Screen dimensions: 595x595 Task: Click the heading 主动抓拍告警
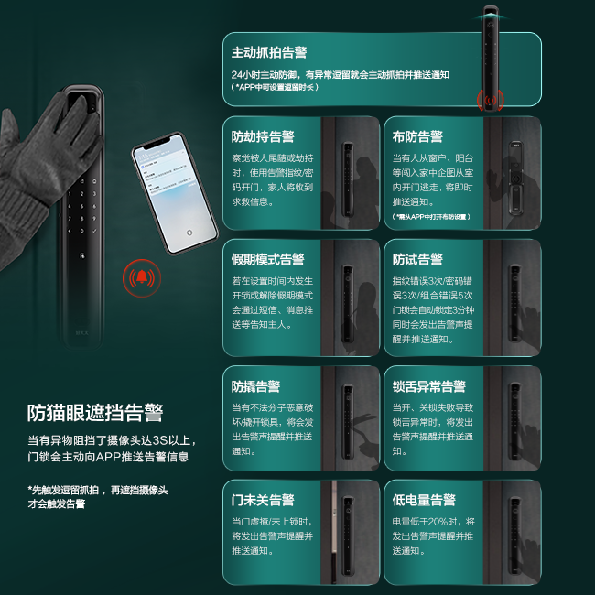pos(269,52)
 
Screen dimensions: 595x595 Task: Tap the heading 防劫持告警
pos(263,136)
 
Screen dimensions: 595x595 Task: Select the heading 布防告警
pos(417,136)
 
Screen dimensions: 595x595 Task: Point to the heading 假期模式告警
pos(268,259)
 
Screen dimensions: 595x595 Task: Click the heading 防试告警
pos(417,259)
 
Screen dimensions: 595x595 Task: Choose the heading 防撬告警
pos(256,386)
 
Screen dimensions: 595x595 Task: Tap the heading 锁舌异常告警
pos(429,386)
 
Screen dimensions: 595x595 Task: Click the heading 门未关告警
pos(263,500)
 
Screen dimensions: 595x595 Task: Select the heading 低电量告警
pos(424,500)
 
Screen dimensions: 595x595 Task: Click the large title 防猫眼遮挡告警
pos(96,413)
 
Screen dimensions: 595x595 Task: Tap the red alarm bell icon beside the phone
pos(142,276)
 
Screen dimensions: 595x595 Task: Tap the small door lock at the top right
pos(492,55)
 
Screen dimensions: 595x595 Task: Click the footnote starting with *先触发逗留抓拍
pos(98,497)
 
